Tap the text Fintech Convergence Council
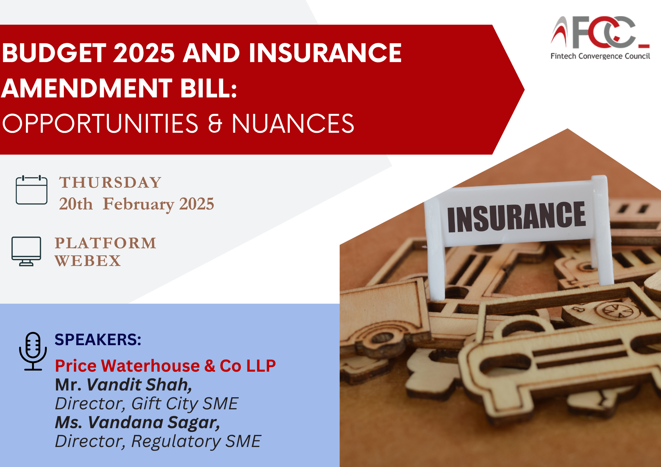(600, 56)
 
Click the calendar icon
(32, 190)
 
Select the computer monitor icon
(26, 251)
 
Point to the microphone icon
(33, 351)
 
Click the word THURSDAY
(110, 182)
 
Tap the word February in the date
(138, 204)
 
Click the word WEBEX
(88, 261)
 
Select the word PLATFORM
(105, 243)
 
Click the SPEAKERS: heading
(98, 340)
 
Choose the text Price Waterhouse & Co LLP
(165, 366)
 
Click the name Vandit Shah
(139, 385)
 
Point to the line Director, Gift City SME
(147, 404)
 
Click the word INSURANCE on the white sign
(516, 217)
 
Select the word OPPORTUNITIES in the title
(100, 124)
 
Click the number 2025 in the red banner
(144, 53)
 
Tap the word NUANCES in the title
(293, 124)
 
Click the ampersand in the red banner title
(215, 124)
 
